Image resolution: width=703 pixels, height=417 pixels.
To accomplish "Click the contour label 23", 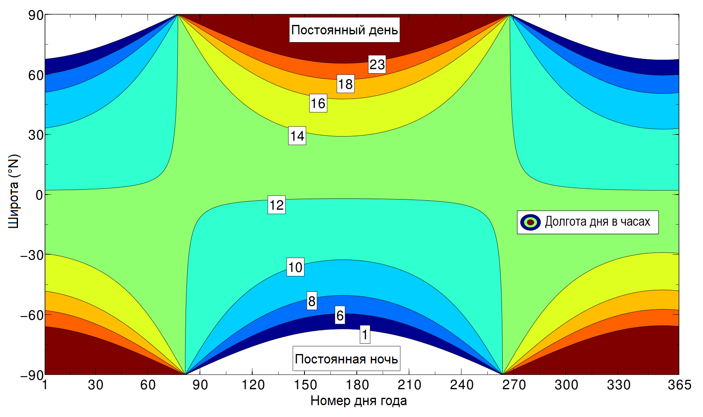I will [x=377, y=64].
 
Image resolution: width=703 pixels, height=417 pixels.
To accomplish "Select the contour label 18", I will [x=345, y=84].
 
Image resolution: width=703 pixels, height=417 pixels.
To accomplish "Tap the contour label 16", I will [x=318, y=103].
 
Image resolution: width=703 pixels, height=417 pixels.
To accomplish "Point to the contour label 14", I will [x=297, y=136].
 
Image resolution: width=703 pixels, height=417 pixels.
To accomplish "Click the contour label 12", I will [x=276, y=205].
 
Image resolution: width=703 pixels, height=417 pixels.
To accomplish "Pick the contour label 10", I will [x=296, y=267].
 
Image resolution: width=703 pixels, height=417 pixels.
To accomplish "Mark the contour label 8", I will [x=312, y=301].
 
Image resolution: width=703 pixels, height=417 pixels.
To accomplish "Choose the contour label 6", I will [x=340, y=315].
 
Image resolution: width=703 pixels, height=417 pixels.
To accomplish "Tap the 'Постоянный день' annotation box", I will [x=345, y=30].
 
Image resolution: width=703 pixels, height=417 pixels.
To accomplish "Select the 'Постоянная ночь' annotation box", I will [x=346, y=359].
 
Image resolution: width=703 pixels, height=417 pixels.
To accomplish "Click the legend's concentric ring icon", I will [x=531, y=222].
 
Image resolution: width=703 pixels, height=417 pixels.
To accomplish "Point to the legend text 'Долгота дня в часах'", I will [x=597, y=222].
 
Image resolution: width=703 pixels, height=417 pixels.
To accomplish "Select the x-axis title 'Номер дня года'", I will [x=358, y=401].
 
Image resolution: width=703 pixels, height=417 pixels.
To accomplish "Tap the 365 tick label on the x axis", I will [x=679, y=385].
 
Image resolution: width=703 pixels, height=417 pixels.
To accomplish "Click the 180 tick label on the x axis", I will [x=357, y=385].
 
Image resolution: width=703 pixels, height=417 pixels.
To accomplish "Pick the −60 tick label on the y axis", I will [x=32, y=315].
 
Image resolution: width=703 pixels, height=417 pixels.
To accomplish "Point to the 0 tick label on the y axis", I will [x=39, y=195].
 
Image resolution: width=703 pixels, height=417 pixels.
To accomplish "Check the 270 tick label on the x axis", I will [x=514, y=385].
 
